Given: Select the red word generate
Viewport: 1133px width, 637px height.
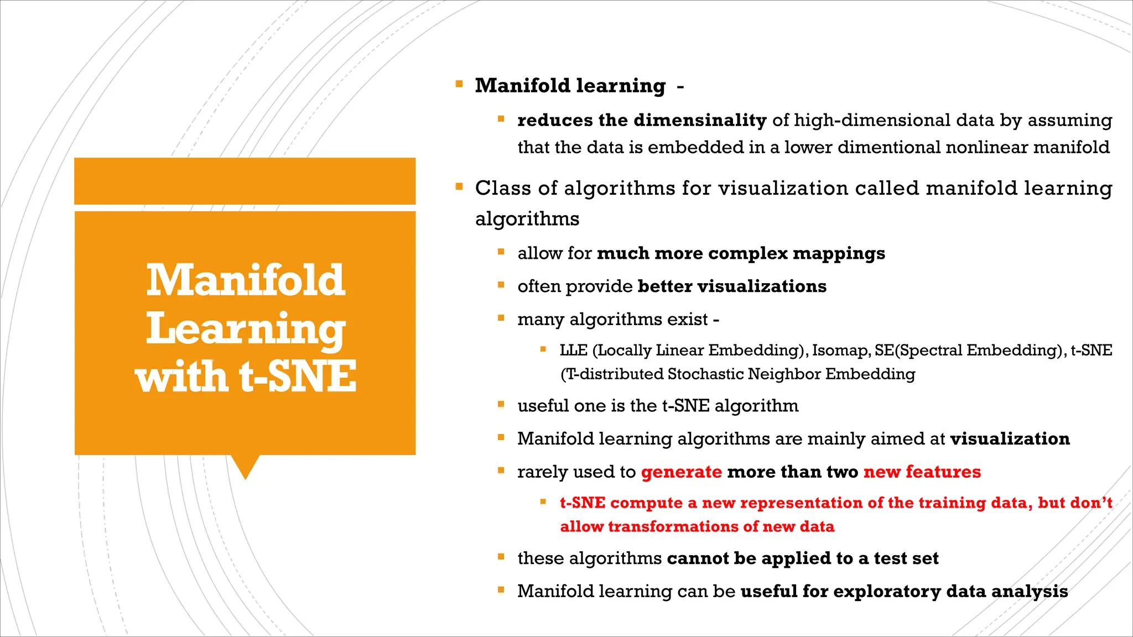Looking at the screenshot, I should coord(681,472).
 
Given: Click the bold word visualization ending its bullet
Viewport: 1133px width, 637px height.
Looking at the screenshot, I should coord(1010,438).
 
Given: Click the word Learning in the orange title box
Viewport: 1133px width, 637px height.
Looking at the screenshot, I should coord(245,329).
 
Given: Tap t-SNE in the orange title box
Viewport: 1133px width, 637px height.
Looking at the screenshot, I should coord(298,377).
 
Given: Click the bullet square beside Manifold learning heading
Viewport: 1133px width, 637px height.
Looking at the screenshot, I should coord(459,85).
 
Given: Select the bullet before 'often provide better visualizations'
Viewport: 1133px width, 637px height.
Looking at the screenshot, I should coord(501,285).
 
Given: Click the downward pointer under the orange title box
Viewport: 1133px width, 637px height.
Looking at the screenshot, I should coord(245,467).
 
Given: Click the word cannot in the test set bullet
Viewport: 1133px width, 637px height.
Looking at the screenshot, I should coord(698,558).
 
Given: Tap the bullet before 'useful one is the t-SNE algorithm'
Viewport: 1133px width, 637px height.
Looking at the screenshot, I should coord(501,405).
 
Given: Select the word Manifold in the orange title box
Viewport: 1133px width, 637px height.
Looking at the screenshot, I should coord(245,281).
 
